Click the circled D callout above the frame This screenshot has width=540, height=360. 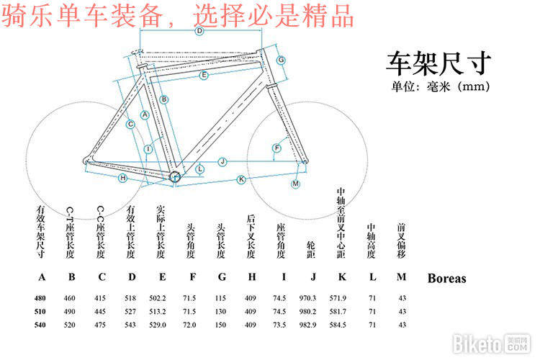[x=199, y=31]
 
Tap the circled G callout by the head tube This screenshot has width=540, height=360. [x=281, y=59]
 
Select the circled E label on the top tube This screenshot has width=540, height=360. [x=204, y=75]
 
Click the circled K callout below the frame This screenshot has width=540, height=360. [x=241, y=179]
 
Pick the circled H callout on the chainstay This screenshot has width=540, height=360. [x=122, y=177]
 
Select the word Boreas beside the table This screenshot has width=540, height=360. [x=446, y=279]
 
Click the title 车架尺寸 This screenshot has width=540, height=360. [x=439, y=63]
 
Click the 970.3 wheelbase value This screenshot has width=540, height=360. [x=310, y=297]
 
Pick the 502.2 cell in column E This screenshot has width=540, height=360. [x=162, y=297]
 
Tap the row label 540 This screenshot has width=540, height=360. [x=41, y=325]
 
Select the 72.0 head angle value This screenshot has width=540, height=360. [x=190, y=325]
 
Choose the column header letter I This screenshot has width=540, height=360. [x=284, y=277]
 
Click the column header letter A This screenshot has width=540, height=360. [x=41, y=277]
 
